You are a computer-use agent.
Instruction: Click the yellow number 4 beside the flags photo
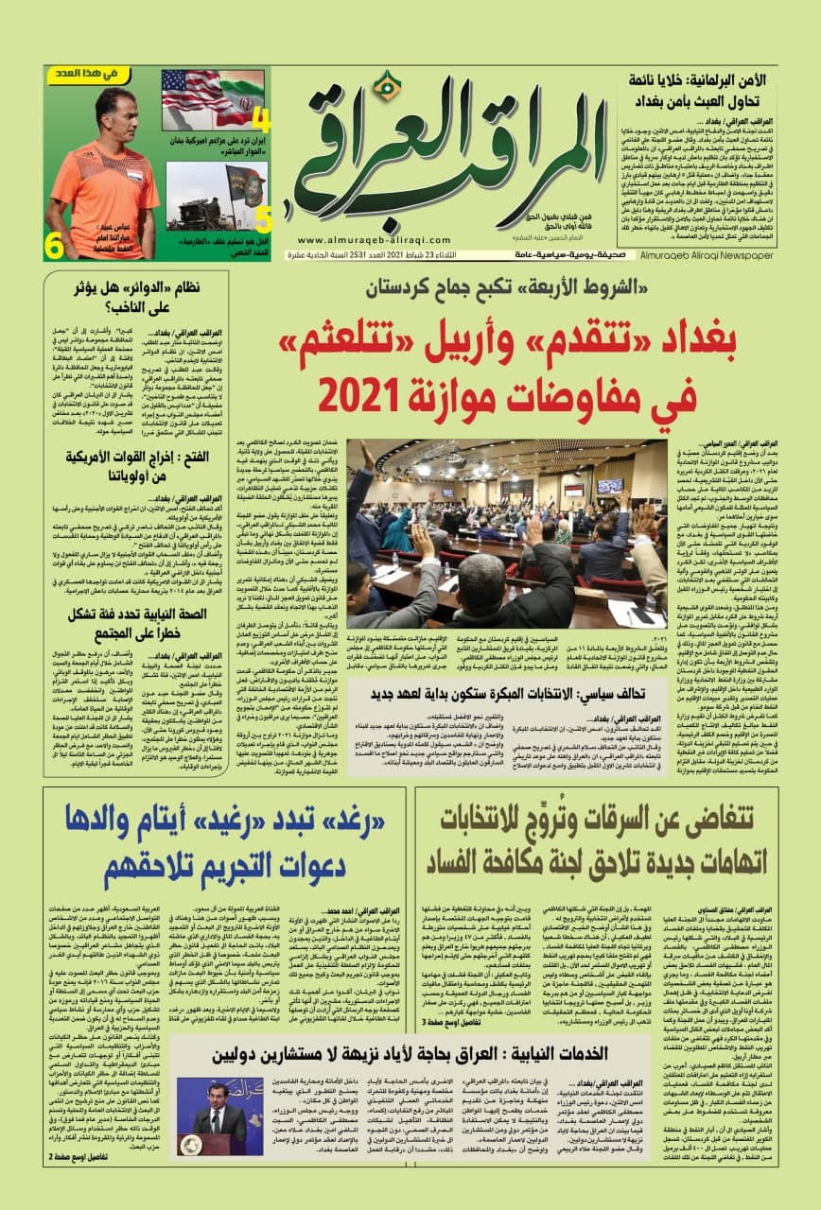(262, 121)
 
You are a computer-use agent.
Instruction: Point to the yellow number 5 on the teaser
(263, 219)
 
